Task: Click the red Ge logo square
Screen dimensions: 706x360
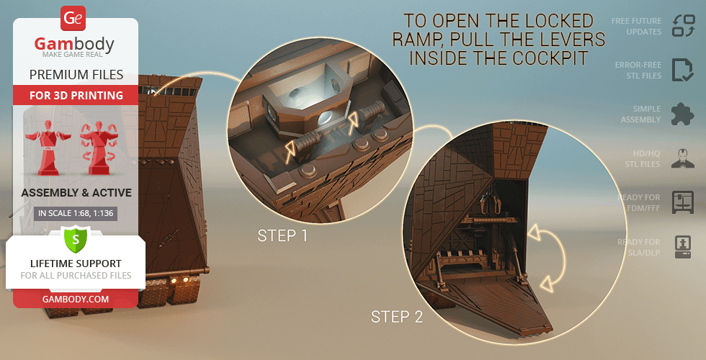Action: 73,19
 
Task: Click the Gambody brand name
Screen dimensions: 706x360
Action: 74,44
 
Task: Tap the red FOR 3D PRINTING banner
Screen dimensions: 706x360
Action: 76,95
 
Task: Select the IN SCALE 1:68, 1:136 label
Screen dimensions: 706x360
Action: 76,213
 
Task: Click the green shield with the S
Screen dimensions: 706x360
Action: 76,240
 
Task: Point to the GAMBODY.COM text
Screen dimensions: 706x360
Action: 76,300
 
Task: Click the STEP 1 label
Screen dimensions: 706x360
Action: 282,235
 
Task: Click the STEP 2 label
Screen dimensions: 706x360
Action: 397,317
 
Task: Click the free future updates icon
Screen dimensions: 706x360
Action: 684,26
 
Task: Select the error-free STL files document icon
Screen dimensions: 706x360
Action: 683,70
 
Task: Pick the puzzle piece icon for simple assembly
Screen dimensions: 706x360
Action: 683,114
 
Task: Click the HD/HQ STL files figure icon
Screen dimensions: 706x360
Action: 683,158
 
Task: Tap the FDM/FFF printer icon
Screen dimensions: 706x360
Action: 683,202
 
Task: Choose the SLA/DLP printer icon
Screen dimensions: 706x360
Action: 683,247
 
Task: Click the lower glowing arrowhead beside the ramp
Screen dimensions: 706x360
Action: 546,284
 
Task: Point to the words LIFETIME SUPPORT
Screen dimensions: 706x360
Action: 76,264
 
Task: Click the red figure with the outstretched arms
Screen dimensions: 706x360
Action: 48,147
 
